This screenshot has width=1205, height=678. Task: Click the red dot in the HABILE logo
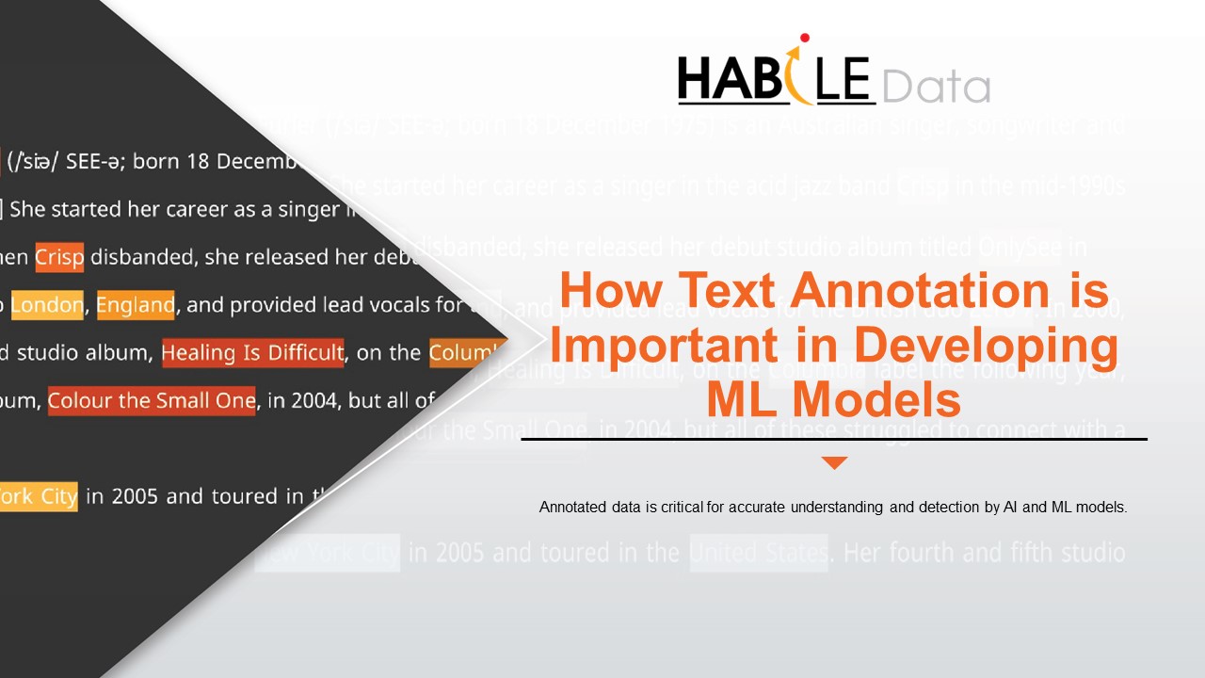click(x=804, y=39)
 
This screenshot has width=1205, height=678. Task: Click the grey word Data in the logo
click(x=936, y=87)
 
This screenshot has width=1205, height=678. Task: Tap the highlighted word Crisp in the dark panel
click(x=59, y=257)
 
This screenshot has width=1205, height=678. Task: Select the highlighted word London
click(x=46, y=305)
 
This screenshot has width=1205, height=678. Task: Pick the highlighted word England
click(x=135, y=305)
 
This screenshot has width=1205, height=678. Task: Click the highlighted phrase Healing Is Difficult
click(x=252, y=353)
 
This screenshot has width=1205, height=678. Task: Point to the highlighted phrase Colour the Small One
click(x=152, y=401)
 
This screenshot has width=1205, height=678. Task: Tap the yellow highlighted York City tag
click(x=38, y=496)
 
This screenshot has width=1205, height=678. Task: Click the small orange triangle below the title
click(x=834, y=462)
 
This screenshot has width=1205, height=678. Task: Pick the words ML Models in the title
click(x=834, y=399)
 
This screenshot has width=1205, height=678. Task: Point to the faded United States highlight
click(x=759, y=552)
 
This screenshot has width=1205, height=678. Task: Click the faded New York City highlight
click(x=329, y=552)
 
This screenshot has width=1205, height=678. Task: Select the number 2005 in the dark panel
click(x=137, y=496)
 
